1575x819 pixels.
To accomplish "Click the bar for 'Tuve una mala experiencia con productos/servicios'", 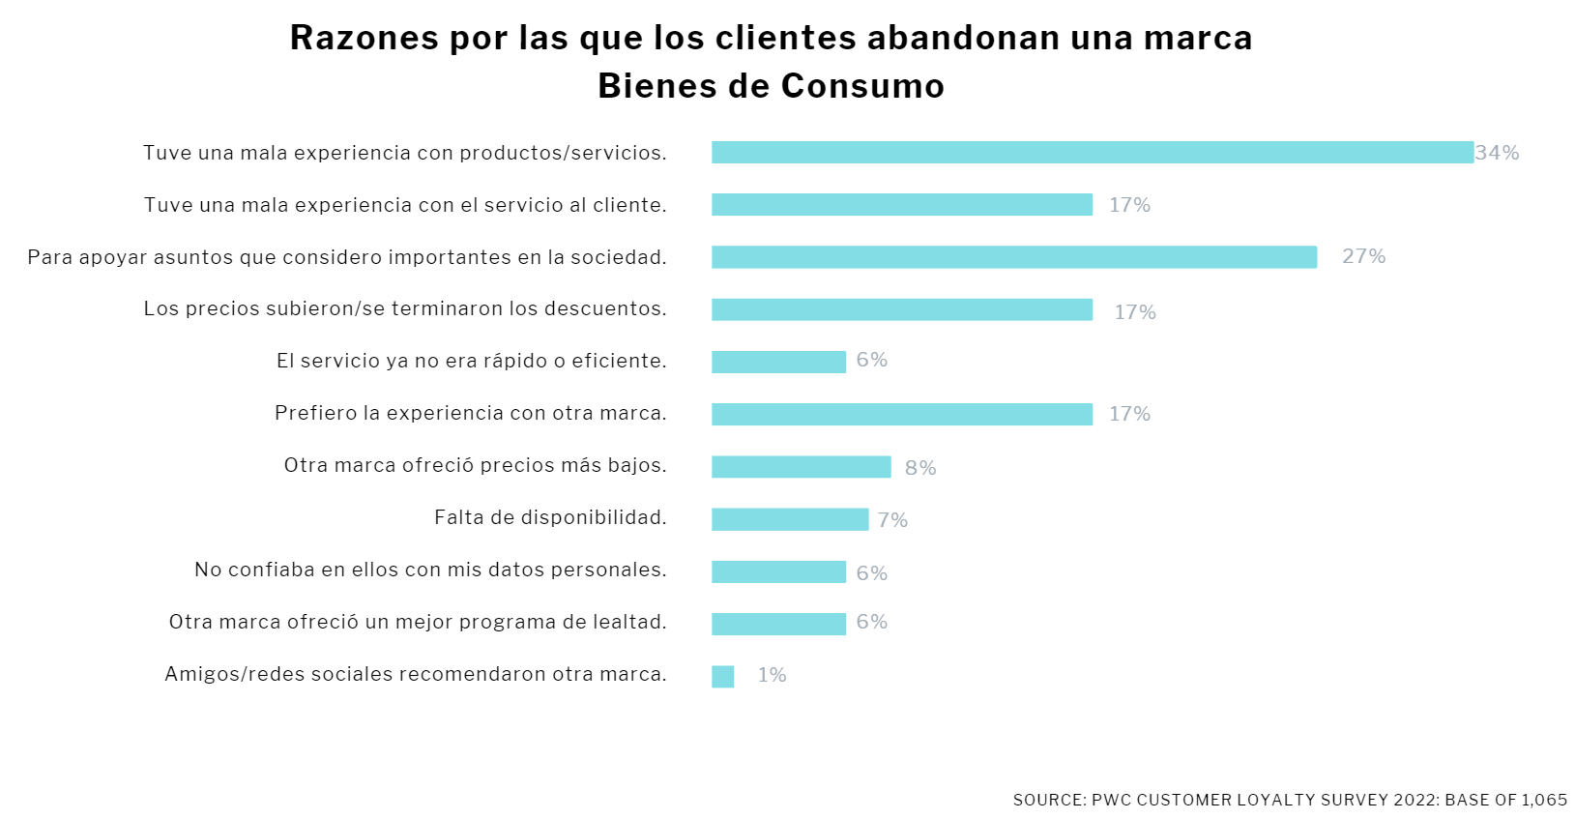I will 1092,153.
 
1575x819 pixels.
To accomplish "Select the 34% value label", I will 1497,153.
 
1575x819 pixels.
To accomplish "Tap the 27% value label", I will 1363,256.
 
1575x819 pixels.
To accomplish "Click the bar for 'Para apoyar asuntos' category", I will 1013,257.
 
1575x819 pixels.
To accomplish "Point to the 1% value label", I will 772,675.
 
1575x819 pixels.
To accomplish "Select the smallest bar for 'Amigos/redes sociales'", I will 722,677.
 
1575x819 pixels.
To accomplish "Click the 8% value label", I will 920,468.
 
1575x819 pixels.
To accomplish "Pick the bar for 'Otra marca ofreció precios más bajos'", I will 801,467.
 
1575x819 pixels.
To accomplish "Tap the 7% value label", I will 892,520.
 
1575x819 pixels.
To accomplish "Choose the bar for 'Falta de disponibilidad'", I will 789,519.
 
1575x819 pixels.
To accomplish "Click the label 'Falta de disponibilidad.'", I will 550,517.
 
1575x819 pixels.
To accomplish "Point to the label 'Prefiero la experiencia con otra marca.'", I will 471,413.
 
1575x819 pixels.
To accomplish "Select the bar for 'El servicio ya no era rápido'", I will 778,362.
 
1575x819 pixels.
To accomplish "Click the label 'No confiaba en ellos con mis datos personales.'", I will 430,570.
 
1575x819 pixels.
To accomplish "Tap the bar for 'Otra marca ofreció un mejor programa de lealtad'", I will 778,624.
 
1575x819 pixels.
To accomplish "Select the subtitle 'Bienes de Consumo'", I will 771,86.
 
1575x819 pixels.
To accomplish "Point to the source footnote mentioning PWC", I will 1290,800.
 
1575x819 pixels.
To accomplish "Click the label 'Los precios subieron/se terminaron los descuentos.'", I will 405,308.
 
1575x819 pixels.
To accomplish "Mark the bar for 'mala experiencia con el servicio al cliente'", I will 901,205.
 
